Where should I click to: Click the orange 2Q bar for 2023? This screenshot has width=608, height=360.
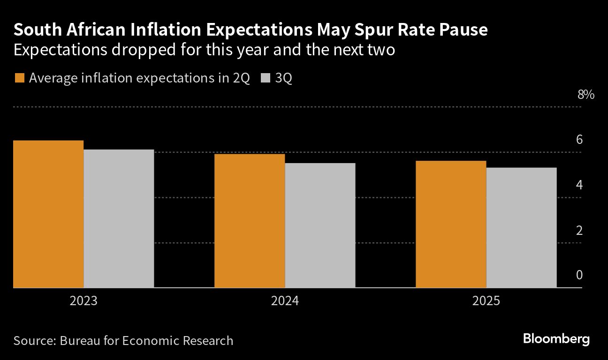(x=49, y=214)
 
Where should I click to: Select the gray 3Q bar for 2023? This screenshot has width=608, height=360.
(x=119, y=218)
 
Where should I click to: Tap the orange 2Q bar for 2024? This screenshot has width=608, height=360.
(x=250, y=220)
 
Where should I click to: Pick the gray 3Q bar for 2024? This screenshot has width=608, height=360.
(x=320, y=225)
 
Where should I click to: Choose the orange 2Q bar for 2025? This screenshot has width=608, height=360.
(x=451, y=224)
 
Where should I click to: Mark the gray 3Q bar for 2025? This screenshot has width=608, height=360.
(x=521, y=227)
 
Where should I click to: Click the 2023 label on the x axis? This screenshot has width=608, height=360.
(x=84, y=300)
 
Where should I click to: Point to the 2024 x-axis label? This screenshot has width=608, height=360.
(x=285, y=300)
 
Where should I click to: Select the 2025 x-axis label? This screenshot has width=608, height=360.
(x=486, y=300)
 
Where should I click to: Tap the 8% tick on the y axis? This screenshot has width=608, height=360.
(x=585, y=95)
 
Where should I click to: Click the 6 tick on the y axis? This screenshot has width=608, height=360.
(x=579, y=140)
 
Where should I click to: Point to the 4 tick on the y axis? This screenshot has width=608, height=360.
(x=579, y=185)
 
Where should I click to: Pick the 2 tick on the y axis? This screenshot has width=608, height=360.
(x=579, y=231)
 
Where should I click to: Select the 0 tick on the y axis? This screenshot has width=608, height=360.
(x=579, y=275)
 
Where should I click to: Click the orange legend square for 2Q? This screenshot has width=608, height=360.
(x=19, y=78)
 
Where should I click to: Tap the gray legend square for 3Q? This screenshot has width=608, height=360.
(x=265, y=78)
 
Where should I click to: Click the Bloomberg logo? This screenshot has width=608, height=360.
(x=556, y=339)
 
